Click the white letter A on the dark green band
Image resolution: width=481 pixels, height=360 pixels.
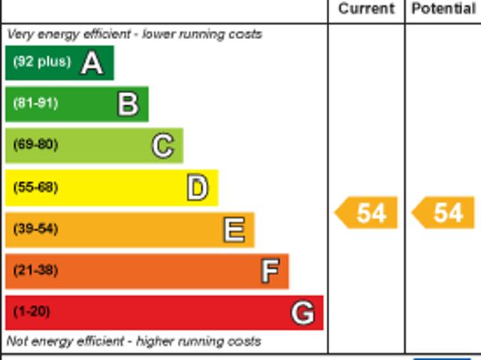tap(92, 63)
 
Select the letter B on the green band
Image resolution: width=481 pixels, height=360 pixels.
tap(128, 104)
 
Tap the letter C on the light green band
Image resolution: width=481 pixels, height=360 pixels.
tap(162, 146)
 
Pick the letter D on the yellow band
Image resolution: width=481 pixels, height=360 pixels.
tap(197, 188)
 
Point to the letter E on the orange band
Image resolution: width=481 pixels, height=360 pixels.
tap(234, 229)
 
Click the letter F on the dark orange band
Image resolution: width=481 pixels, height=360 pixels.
tap(269, 271)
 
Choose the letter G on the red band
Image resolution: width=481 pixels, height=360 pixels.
tap(302, 312)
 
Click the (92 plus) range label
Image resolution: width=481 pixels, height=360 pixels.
tap(41, 62)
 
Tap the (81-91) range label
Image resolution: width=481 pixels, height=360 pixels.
tap(35, 104)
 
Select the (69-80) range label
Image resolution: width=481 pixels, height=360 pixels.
tap(35, 145)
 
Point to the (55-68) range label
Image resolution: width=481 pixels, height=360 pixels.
tap(35, 187)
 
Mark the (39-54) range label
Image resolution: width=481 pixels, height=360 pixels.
tap(35, 228)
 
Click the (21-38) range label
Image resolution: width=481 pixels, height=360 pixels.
tap(35, 270)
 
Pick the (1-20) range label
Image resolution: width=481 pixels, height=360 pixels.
tap(32, 311)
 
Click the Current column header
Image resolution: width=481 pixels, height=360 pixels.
tap(366, 9)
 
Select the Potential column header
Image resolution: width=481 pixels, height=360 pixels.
tap(443, 9)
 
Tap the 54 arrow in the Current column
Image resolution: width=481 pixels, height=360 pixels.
tap(366, 213)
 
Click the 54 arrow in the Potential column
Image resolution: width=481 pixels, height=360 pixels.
tap(444, 213)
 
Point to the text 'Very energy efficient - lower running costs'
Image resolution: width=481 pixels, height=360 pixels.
tap(135, 34)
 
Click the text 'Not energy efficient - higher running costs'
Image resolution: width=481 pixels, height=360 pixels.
tap(134, 341)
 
